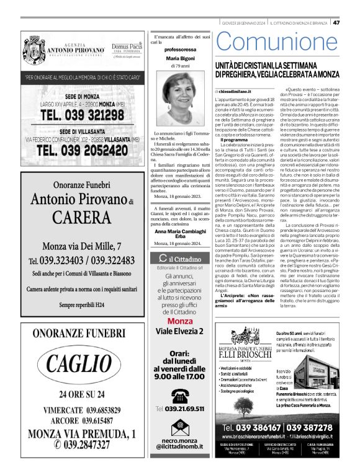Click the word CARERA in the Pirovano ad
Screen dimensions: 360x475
coord(82,217)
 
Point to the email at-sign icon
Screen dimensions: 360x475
coord(179,425)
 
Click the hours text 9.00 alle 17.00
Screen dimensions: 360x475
coord(179,376)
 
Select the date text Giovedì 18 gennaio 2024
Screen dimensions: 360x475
coord(246,23)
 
